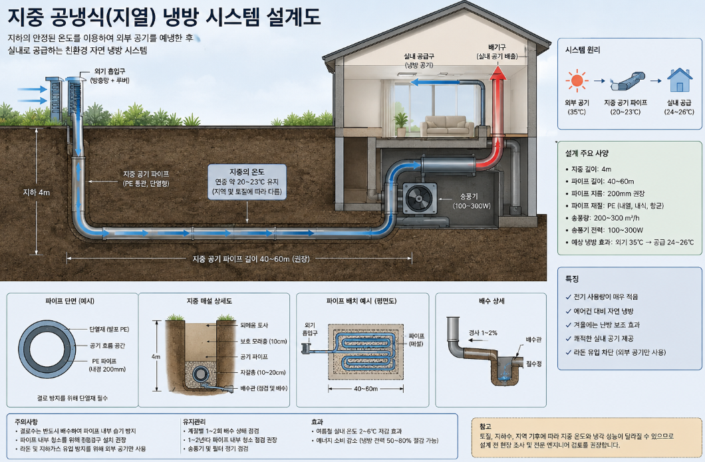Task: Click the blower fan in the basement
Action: point(420,198)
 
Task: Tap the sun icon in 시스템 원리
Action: point(577,81)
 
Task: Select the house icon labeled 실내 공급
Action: point(680,80)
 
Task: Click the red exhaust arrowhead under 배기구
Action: point(497,73)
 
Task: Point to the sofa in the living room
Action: point(446,126)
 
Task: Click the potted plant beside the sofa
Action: point(400,124)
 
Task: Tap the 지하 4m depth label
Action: point(37,192)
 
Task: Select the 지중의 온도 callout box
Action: point(247,181)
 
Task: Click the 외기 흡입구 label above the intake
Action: point(110,71)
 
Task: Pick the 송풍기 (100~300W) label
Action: point(472,201)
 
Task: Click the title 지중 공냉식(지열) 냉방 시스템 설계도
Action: point(164,17)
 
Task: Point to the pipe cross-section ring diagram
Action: point(47,349)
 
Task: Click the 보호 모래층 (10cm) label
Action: point(263,341)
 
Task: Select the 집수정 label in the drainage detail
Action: point(533,364)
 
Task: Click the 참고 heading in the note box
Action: point(485,426)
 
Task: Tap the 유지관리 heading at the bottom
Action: point(194,421)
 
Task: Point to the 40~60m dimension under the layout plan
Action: point(366,388)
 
